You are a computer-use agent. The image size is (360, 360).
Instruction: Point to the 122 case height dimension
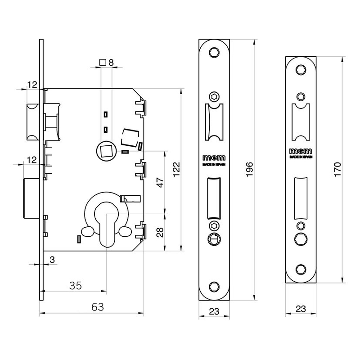tap(176, 169)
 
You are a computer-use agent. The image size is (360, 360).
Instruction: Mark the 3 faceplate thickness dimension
tap(53, 260)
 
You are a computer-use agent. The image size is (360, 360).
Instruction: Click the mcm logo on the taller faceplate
tap(215, 158)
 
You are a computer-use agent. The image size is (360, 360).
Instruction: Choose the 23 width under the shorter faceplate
tap(301, 310)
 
